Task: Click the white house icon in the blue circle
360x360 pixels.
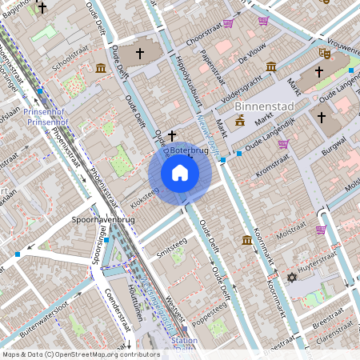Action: click(180, 173)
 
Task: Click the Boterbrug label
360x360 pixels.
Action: click(189, 149)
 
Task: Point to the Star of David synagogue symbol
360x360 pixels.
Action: click(291, 278)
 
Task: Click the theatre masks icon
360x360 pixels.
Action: click(325, 52)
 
